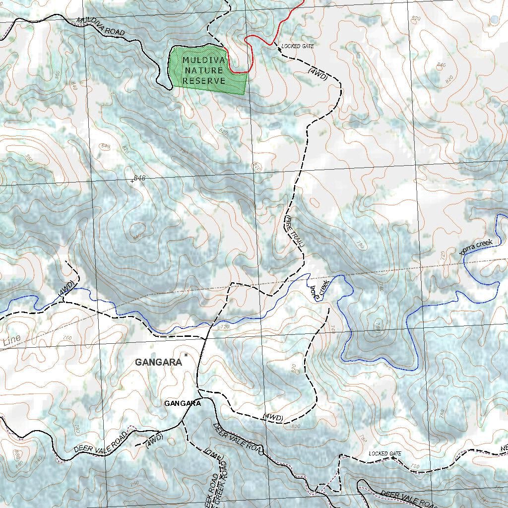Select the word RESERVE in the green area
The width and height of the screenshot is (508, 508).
[203, 81]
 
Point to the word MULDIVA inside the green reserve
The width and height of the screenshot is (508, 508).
[204, 60]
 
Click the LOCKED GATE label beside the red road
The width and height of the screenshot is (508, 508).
[298, 46]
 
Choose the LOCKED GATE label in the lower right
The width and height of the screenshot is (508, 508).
[384, 454]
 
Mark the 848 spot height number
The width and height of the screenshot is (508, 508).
[139, 178]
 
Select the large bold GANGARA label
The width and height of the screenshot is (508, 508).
[158, 363]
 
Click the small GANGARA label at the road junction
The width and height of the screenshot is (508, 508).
[183, 404]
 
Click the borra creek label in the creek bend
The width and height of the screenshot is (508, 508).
[318, 291]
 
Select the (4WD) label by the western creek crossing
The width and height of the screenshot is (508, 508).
[66, 289]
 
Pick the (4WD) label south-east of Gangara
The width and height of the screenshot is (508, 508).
[273, 417]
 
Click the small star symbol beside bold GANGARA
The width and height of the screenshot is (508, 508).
[186, 355]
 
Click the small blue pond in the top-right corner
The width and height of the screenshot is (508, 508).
[495, 19]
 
